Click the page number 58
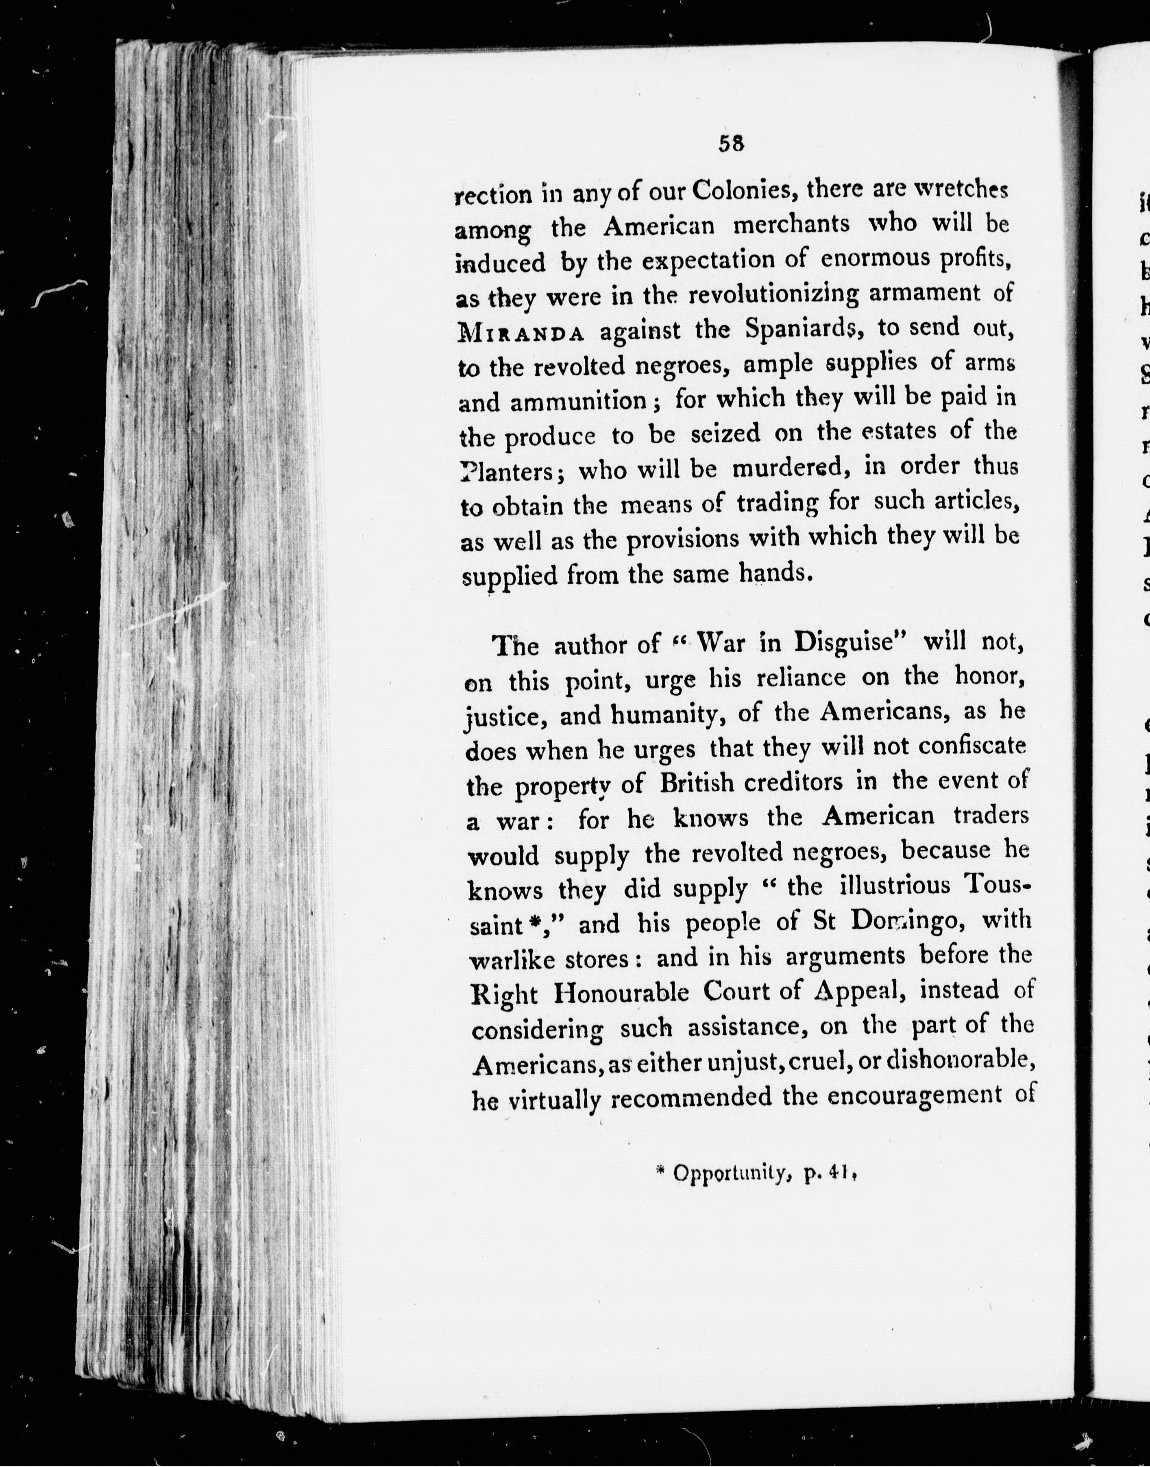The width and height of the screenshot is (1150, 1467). pyautogui.click(x=730, y=144)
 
